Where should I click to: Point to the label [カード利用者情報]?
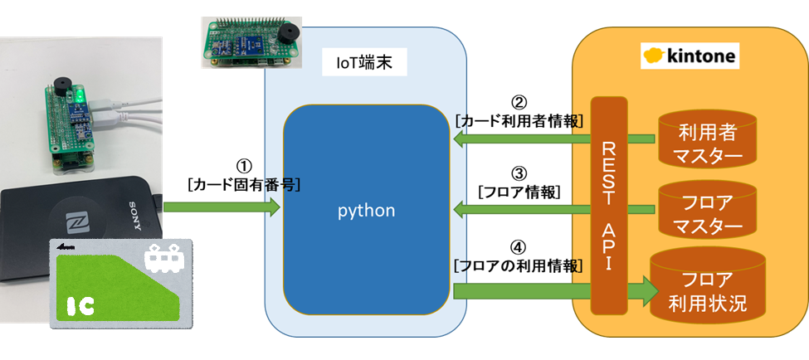pos(519,121)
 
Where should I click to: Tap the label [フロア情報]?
pos(519,192)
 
